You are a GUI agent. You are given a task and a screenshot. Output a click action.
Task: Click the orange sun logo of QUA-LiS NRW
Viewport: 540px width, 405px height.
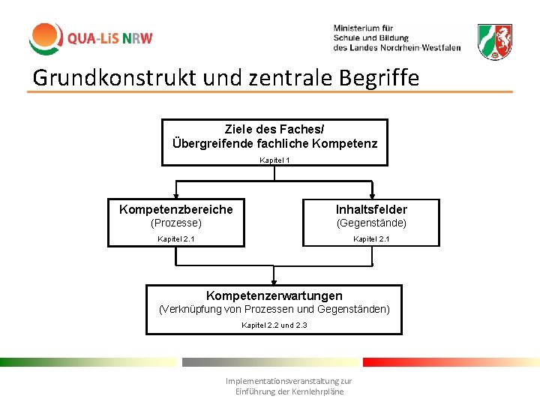[x=45, y=38]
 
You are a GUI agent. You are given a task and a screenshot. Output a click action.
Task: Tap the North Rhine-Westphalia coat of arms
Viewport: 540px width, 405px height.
[x=495, y=42]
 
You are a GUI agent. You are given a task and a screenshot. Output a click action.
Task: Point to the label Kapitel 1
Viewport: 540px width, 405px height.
[x=274, y=160]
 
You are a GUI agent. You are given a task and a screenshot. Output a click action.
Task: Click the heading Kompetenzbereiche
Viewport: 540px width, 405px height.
[x=176, y=209]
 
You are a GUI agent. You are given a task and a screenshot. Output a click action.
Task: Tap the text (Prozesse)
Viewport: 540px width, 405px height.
[x=176, y=223]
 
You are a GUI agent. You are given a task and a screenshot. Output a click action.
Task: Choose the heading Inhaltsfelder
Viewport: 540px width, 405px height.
[x=371, y=209]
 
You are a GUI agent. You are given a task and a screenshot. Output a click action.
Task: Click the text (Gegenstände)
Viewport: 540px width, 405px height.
[x=371, y=223]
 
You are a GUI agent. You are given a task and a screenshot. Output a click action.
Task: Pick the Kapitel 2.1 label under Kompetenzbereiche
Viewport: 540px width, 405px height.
[x=176, y=239]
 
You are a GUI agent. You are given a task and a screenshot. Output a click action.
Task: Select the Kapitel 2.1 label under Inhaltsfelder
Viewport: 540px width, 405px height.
[x=371, y=239]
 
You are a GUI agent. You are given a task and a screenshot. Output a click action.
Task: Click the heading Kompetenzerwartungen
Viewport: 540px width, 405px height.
[x=274, y=295]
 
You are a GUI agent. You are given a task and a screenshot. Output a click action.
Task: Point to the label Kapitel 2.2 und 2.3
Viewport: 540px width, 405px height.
[x=274, y=325]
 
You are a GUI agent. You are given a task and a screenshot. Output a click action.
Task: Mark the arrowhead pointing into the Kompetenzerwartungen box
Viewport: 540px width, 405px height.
[x=274, y=280]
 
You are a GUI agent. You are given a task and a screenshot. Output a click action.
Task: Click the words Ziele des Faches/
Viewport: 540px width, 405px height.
[x=274, y=130]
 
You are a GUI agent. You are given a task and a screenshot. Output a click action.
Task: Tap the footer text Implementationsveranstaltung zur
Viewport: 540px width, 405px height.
[x=289, y=381]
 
